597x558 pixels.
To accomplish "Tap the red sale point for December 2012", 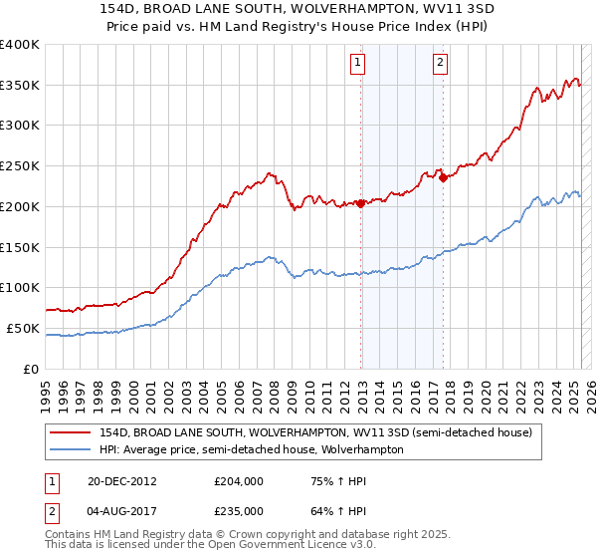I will pyautogui.click(x=361, y=203).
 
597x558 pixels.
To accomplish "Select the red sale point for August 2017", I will pyautogui.click(x=443, y=178).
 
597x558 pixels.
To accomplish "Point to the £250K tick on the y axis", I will pyautogui.click(x=20, y=166).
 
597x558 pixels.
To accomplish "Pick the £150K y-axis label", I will pyautogui.click(x=20, y=247).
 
